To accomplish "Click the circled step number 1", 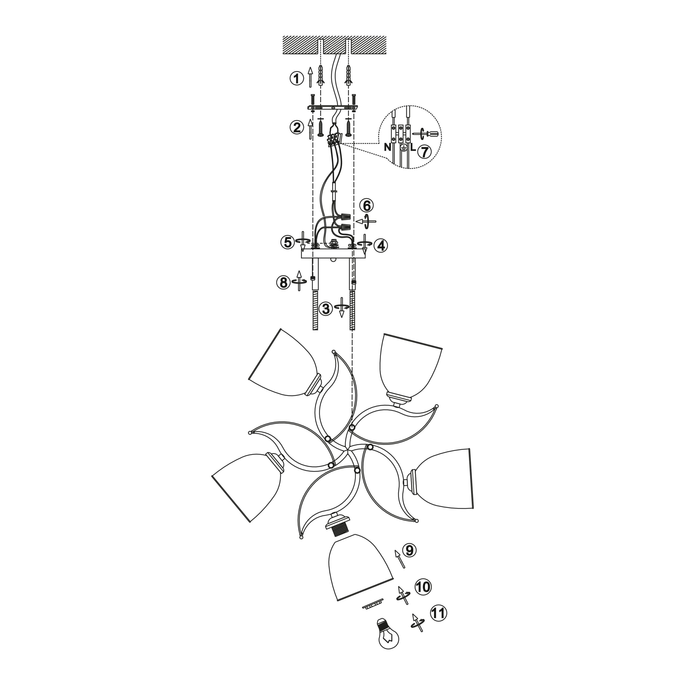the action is point(297,78).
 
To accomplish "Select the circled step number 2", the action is point(297,127).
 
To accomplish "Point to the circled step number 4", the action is point(381,245).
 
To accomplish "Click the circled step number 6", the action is point(366,206).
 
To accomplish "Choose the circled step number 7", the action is point(424,151).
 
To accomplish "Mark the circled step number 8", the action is point(283,283).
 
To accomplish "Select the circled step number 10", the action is point(423,597).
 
